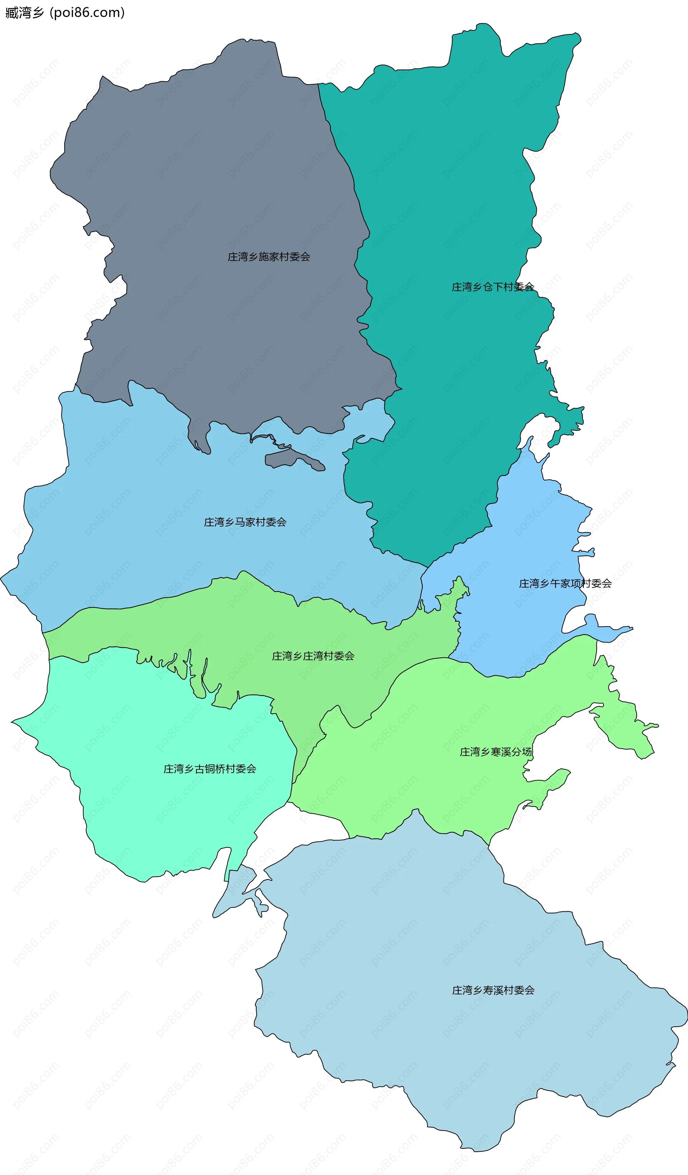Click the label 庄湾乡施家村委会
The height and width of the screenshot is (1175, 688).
coord(269,256)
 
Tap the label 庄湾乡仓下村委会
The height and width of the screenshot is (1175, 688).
coord(493,287)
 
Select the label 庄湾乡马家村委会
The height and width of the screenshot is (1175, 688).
coord(245,522)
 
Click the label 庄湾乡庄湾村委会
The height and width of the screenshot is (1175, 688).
coord(313,656)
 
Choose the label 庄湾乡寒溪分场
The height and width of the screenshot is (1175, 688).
coord(495,752)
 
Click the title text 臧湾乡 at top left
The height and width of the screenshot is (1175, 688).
coord(25,13)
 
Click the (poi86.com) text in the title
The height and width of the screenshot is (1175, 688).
coord(87,13)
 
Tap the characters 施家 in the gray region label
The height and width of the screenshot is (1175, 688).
coord(269,256)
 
